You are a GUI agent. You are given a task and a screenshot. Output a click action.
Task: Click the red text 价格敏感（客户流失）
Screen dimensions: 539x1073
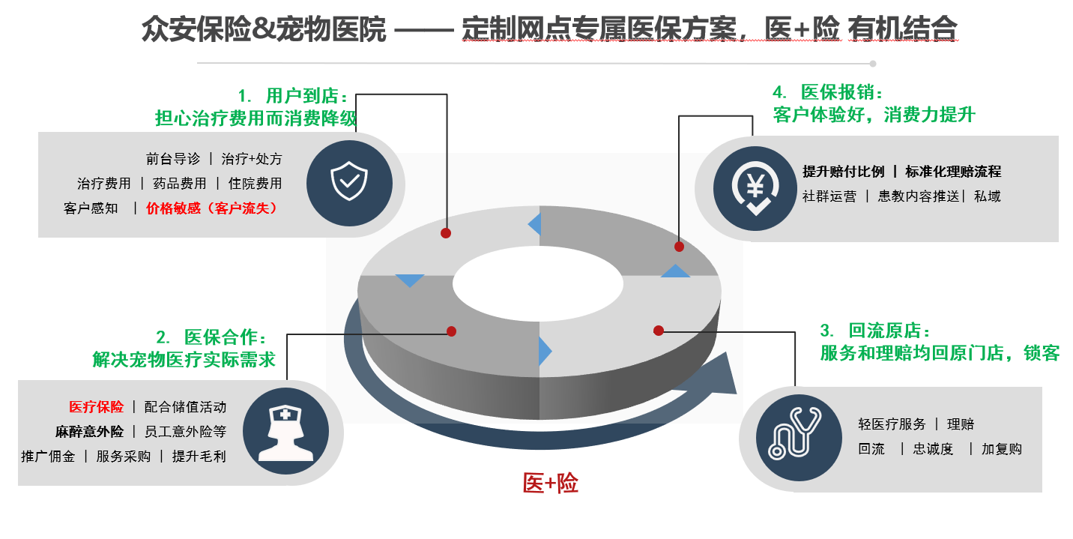(212, 208)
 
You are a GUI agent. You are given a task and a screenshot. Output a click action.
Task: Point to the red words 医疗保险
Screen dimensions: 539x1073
(97, 407)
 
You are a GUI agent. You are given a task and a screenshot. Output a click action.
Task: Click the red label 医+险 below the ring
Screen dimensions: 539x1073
(550, 484)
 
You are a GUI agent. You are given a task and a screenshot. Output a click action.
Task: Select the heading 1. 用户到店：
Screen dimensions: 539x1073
(294, 97)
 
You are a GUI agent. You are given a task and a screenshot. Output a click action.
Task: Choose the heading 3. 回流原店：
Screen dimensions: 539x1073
(876, 331)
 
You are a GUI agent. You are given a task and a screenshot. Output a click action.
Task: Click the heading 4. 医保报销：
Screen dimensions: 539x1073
(828, 93)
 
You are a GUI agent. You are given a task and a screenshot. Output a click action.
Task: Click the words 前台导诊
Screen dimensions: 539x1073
(173, 159)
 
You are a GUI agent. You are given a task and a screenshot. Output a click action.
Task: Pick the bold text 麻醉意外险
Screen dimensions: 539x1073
(89, 432)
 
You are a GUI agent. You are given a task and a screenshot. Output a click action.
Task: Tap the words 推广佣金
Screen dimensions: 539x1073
(48, 456)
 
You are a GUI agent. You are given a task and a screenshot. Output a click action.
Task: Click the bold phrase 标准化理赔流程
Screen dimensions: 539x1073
(953, 172)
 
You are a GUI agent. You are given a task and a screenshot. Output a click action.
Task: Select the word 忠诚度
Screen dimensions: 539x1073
(933, 449)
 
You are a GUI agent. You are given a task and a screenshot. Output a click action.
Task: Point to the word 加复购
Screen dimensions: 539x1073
(1002, 449)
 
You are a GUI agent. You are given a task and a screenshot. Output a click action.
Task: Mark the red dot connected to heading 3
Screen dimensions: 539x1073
(658, 331)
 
